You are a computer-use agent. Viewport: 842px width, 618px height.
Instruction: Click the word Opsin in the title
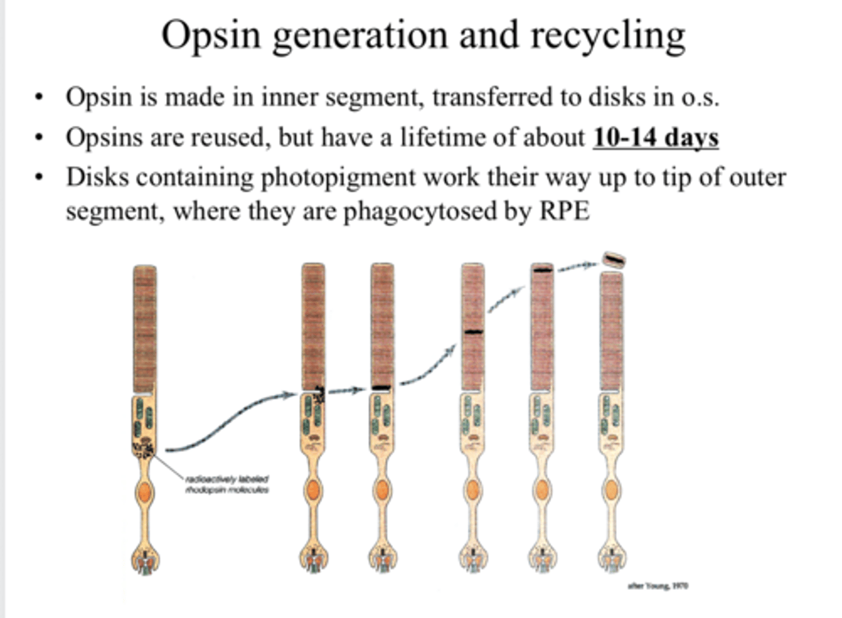(210, 35)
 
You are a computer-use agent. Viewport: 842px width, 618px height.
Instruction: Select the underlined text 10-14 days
(655, 138)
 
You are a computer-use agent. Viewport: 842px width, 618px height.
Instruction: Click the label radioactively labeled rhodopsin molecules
(227, 484)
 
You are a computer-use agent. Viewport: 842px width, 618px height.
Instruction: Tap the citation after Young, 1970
(657, 585)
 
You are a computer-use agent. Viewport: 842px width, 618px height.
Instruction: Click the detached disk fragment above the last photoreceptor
(613, 259)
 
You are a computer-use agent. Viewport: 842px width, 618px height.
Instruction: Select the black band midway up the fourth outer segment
(473, 332)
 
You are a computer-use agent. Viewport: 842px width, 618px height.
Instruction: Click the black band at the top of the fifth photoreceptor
(542, 270)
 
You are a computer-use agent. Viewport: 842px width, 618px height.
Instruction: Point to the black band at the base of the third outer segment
(381, 387)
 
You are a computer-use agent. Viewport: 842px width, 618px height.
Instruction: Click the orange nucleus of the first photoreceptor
(144, 492)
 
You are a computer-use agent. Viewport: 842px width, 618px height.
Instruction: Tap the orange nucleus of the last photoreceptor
(612, 489)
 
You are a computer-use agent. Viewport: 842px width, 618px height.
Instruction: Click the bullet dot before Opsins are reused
(39, 139)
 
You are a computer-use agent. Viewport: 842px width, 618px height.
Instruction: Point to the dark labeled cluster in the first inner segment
(143, 448)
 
